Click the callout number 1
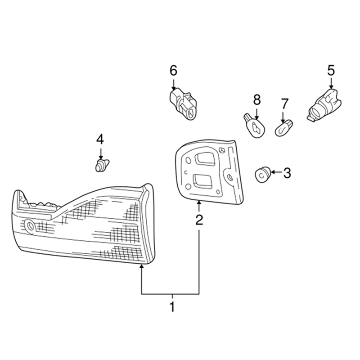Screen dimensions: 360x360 (x=172, y=306)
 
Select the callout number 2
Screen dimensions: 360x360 (x=199, y=220)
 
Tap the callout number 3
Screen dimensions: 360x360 (x=287, y=173)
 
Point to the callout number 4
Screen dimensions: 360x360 (x=100, y=139)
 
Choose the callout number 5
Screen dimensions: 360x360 (x=331, y=71)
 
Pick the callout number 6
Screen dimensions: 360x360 (x=173, y=71)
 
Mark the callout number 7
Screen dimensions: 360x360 (x=284, y=104)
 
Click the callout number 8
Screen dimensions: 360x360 (x=257, y=100)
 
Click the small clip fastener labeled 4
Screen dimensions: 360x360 (x=102, y=165)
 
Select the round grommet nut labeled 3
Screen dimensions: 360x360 (x=263, y=175)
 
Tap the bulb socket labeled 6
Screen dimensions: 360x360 (x=183, y=104)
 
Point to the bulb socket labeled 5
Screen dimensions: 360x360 (x=324, y=105)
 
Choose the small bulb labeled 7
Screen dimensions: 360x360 (x=284, y=128)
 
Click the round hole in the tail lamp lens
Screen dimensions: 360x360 (x=30, y=226)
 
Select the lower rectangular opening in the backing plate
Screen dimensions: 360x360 (x=202, y=180)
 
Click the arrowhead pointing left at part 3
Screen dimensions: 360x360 (x=273, y=172)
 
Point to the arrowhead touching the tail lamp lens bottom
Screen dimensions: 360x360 (x=141, y=266)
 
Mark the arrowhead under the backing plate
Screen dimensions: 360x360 (x=199, y=203)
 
